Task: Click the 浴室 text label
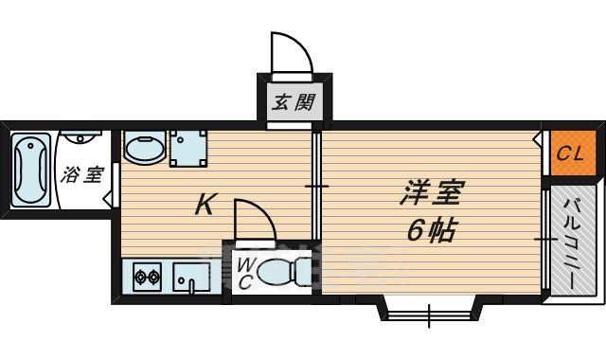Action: tap(82, 175)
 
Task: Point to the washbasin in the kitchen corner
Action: tap(144, 150)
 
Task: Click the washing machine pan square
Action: tap(188, 148)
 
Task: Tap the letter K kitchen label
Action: tap(203, 204)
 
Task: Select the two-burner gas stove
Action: tap(147, 279)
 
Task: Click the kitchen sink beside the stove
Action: tap(192, 279)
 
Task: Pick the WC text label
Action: tap(243, 273)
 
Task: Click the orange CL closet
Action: tap(570, 153)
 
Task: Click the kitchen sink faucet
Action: tap(191, 287)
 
